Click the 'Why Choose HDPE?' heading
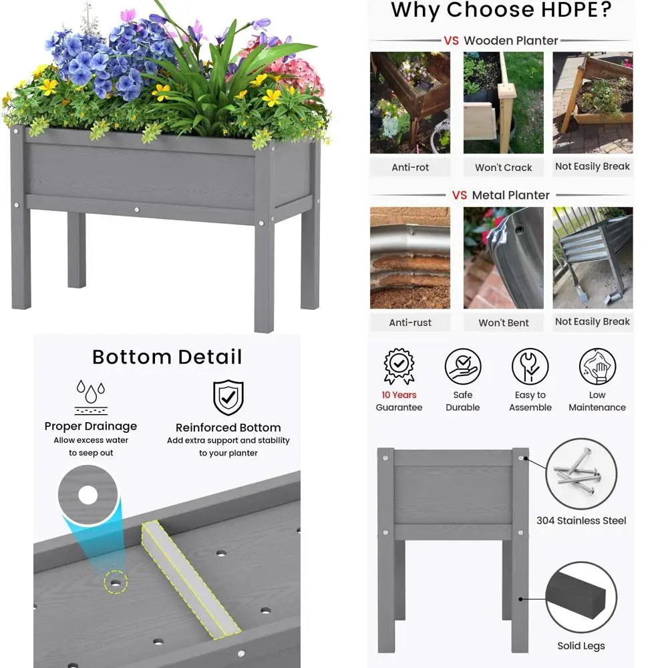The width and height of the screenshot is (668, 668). click(500, 11)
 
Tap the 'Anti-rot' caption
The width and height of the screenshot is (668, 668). click(410, 168)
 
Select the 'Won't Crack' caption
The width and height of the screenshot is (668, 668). click(504, 168)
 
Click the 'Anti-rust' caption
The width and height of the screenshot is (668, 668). click(410, 323)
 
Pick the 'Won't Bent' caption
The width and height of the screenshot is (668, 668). click(504, 323)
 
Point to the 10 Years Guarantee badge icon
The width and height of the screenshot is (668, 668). click(399, 366)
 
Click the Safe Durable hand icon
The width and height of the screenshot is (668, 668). click(463, 366)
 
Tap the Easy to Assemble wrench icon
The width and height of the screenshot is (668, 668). click(530, 366)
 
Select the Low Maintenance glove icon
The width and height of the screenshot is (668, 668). click(597, 366)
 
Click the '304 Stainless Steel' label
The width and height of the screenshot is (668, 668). click(581, 520)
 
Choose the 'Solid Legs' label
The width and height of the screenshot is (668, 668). click(581, 646)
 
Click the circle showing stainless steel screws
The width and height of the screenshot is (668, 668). click(581, 474)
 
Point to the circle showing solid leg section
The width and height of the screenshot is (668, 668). click(581, 597)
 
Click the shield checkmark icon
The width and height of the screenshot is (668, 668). click(228, 397)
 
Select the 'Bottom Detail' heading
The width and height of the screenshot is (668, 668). click(167, 357)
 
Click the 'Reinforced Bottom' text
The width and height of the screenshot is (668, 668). click(228, 428)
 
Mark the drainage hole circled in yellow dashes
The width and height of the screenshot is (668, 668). click(116, 582)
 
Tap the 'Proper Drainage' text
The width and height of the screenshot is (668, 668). click(91, 426)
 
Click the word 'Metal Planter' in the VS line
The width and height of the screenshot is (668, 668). click(510, 195)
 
